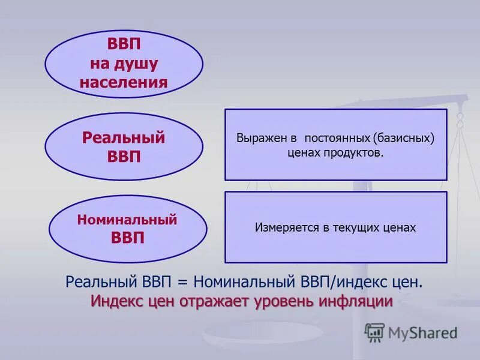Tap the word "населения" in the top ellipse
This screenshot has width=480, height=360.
coord(124,82)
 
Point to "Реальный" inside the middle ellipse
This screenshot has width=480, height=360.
coord(124,138)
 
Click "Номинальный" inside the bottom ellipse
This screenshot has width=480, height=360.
coord(127,220)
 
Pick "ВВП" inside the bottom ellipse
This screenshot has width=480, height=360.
coord(128,238)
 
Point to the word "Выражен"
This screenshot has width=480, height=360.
coord(262,138)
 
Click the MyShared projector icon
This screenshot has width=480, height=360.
coord(374,332)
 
